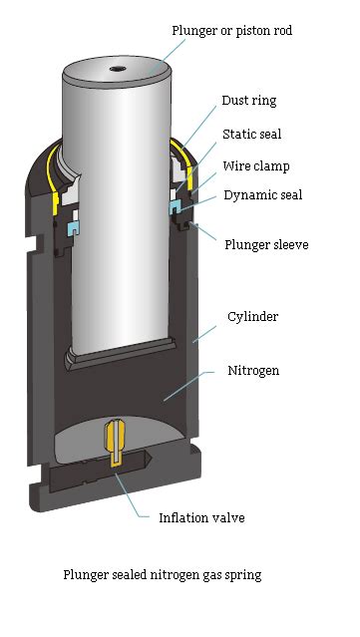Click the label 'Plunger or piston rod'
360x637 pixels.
(231, 31)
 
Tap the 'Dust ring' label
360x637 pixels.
(249, 101)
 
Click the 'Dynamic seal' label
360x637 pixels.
(262, 195)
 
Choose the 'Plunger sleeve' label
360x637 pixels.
(265, 243)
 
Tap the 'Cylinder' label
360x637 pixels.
(252, 317)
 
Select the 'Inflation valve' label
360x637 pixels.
(201, 517)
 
